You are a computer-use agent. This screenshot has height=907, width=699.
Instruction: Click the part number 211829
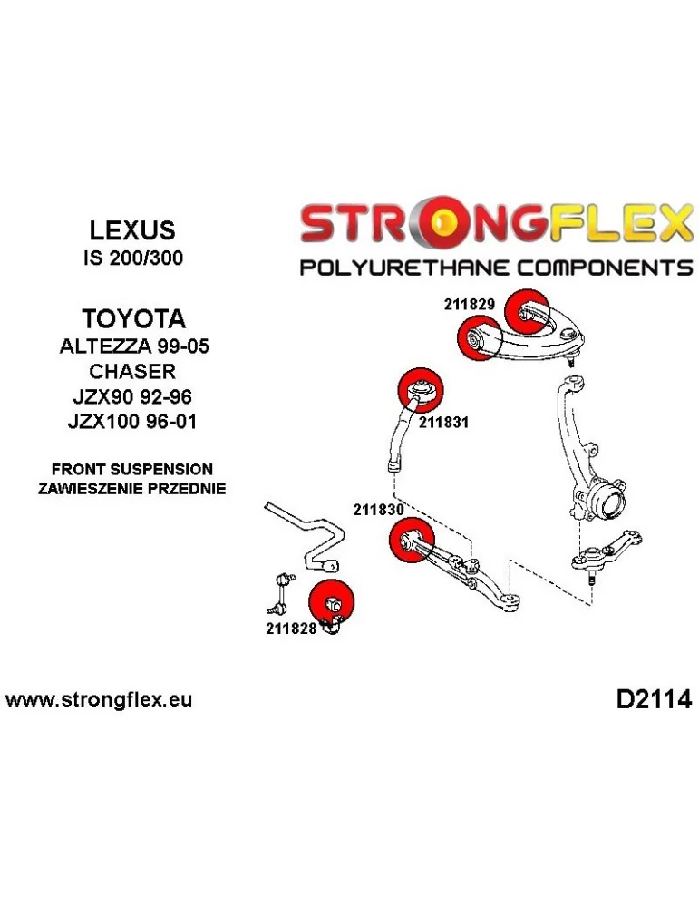click(x=469, y=305)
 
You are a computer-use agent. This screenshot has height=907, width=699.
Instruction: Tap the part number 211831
click(x=442, y=422)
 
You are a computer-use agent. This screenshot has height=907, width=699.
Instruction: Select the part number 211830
click(x=378, y=510)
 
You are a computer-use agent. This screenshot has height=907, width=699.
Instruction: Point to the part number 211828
click(x=290, y=628)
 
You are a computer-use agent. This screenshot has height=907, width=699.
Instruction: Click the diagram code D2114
click(x=653, y=700)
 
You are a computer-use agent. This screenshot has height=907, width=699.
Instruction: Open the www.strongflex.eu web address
click(x=99, y=700)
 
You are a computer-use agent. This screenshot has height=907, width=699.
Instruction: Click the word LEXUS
click(x=132, y=229)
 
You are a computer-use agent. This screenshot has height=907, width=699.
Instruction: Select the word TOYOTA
click(x=133, y=319)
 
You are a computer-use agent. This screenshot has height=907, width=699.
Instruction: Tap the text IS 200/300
click(x=132, y=258)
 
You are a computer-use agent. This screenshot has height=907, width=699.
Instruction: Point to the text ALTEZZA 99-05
click(x=133, y=346)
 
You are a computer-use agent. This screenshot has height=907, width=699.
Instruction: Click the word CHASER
click(x=133, y=372)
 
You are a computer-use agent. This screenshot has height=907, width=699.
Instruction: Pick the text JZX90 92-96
click(x=133, y=397)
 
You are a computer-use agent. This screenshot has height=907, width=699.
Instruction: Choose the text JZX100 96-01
click(x=133, y=422)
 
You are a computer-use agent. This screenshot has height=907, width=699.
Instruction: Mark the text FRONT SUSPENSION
click(x=132, y=470)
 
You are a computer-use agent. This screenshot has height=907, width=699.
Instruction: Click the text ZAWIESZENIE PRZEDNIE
click(x=132, y=488)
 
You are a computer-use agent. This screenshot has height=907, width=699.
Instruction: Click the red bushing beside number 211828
click(x=332, y=600)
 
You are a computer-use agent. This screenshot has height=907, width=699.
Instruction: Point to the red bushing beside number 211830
click(x=410, y=541)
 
